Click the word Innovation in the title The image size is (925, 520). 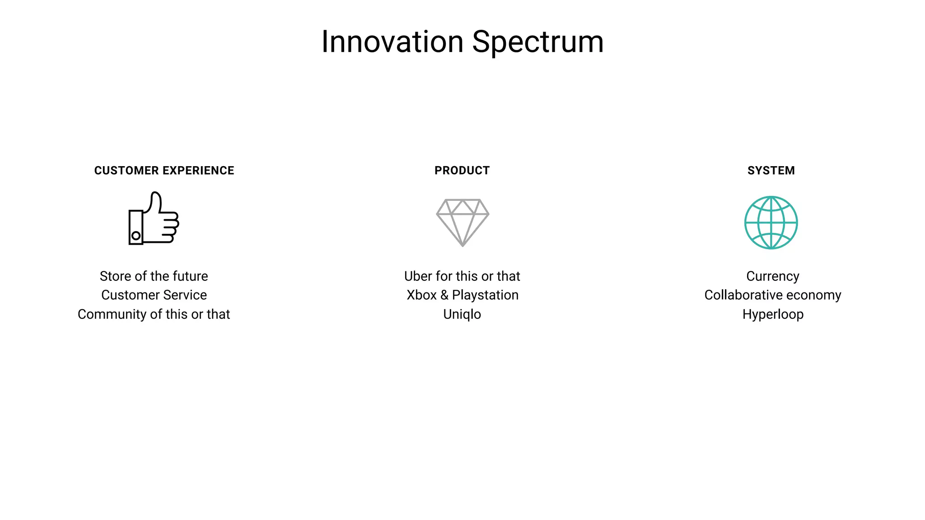(392, 42)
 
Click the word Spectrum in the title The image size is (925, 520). (537, 42)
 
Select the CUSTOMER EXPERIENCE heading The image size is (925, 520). (164, 171)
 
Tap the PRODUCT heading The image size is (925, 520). (462, 171)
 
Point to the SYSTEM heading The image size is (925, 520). (771, 171)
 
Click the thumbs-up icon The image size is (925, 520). (154, 219)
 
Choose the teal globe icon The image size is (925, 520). (771, 223)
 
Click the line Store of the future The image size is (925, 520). (154, 276)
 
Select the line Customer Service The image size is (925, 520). (154, 295)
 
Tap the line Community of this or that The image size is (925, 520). (154, 314)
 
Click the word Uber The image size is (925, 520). (418, 276)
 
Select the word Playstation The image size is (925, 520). (485, 295)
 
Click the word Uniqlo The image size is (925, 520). (462, 314)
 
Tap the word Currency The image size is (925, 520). (773, 276)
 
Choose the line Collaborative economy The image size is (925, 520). (773, 295)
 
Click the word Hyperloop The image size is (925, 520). (773, 314)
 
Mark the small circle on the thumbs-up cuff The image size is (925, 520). (136, 236)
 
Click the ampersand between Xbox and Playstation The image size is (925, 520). (444, 295)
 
